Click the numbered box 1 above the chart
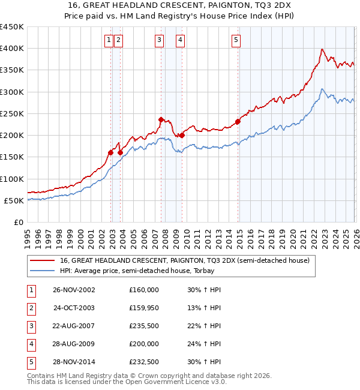109,40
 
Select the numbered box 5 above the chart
236,40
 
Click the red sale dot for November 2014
238,121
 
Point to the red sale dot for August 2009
182,135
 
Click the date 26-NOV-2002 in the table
74,290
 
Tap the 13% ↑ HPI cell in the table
203,308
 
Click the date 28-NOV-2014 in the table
74,362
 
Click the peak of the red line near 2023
322,49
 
